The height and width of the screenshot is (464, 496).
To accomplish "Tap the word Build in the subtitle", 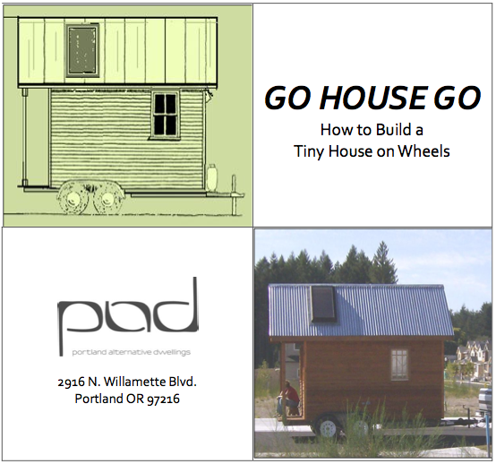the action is click(x=391, y=130).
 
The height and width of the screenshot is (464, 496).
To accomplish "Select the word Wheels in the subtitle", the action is click(x=423, y=151).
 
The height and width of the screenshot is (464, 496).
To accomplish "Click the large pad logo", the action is click(x=128, y=316).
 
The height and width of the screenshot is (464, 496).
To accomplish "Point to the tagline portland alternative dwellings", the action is click(x=131, y=352).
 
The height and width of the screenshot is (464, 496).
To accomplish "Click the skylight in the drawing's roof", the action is click(x=82, y=51).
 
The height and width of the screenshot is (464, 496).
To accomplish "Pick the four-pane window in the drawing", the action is click(x=165, y=115).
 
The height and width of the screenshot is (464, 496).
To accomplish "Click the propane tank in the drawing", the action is click(x=211, y=177).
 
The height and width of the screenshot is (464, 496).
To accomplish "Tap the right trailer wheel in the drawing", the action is click(x=107, y=199).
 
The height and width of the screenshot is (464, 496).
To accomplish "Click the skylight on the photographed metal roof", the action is click(x=323, y=304).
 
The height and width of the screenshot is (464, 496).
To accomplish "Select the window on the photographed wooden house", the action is click(x=399, y=365).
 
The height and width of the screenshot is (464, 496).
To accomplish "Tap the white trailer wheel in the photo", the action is click(x=327, y=427).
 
